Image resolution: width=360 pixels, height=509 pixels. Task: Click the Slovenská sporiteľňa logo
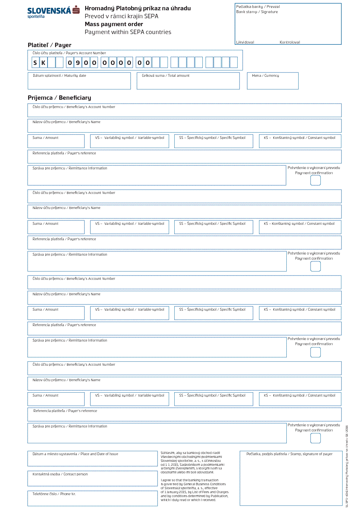coord(53,12)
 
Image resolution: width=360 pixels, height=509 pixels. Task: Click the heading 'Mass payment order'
coord(114,24)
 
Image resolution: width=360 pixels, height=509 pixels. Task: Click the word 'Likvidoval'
coord(245,42)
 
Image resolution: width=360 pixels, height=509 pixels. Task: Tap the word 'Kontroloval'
coord(290,42)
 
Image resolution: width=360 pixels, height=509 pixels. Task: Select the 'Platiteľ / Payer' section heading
coord(50,45)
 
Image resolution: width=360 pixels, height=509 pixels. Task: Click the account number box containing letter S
coord(36,63)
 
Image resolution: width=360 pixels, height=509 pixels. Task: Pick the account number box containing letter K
coord(44,63)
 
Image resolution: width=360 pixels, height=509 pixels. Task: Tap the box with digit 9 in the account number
coord(78,63)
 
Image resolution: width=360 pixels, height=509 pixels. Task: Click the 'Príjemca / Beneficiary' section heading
coord(59,98)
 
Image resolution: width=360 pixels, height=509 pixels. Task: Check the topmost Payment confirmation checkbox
coord(316,180)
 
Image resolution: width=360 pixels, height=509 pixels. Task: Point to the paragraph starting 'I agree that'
coord(194,490)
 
